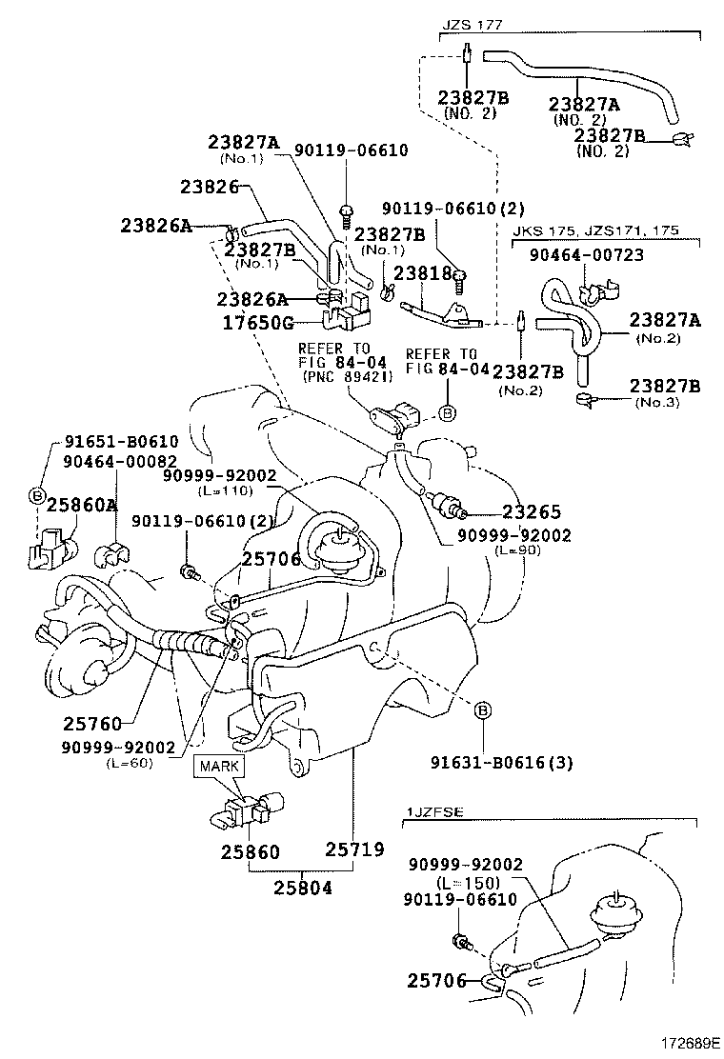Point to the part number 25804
coord(304,889)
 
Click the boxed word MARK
coord(218,765)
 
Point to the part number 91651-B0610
coord(121,442)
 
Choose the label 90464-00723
coord(589,254)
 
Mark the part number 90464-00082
coord(120,460)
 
